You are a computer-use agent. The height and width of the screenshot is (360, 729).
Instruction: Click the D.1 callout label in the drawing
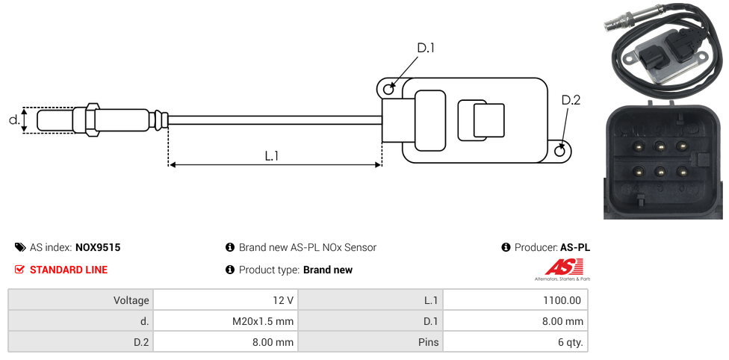(x=426, y=48)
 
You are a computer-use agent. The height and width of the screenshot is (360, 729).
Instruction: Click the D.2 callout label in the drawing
(x=571, y=100)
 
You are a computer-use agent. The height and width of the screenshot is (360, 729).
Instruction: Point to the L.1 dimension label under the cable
(x=272, y=155)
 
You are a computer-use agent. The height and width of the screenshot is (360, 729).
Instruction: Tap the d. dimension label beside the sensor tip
(x=13, y=120)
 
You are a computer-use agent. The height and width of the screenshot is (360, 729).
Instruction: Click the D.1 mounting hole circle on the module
(x=388, y=90)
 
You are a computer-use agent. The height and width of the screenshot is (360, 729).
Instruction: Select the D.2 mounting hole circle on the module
(x=561, y=151)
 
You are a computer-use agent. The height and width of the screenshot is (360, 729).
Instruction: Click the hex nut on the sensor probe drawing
(x=93, y=120)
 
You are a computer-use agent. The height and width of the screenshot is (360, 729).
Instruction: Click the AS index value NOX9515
(x=98, y=247)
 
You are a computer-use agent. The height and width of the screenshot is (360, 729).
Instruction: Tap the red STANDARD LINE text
(x=69, y=270)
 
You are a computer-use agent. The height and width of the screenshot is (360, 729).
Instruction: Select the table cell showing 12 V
(x=282, y=300)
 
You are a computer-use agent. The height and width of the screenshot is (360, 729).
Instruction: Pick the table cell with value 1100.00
(x=562, y=300)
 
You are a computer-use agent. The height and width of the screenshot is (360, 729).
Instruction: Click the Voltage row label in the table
(x=131, y=300)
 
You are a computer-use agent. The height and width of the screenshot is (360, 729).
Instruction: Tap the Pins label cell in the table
(x=428, y=343)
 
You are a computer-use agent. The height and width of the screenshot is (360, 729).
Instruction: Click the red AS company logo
(x=564, y=267)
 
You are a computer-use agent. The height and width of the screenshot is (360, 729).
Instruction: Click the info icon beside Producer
(x=506, y=247)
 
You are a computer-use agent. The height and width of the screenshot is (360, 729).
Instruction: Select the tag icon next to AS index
(x=20, y=247)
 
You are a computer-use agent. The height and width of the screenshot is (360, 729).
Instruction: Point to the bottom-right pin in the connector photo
(x=682, y=172)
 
